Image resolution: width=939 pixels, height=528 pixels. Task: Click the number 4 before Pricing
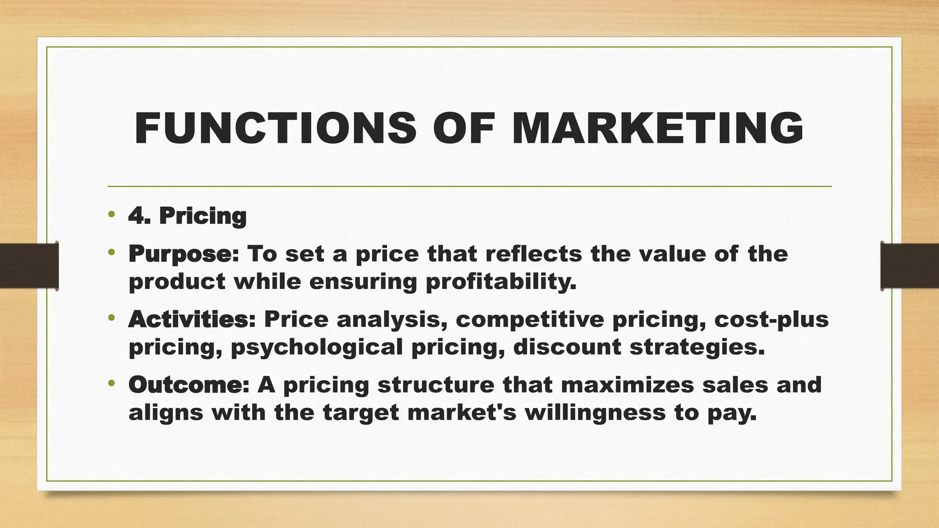tap(136, 216)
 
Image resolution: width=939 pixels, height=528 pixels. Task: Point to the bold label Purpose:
tap(184, 254)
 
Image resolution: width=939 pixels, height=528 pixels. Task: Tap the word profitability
tap(501, 282)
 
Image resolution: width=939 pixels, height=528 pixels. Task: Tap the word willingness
tap(595, 412)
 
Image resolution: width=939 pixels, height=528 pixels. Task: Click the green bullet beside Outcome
tap(111, 383)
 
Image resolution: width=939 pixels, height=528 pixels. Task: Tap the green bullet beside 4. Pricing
tap(111, 214)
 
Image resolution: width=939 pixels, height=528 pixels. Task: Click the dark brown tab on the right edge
tap(910, 266)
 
